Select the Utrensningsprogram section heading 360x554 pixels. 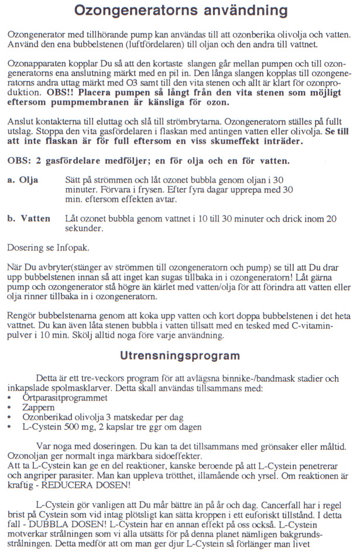point(179,355)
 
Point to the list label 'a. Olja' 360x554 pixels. point(23,180)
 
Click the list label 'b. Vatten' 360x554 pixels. point(29,218)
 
